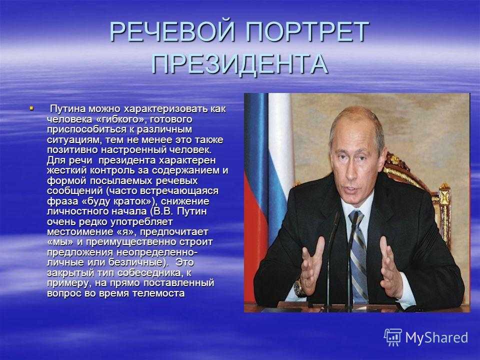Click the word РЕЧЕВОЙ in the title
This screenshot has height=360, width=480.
[172, 31]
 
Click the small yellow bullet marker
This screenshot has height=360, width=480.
[31, 108]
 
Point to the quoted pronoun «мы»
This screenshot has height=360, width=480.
[60, 242]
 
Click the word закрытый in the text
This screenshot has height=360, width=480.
[70, 273]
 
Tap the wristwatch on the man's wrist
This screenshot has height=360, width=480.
[297, 288]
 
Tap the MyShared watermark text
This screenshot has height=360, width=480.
[436, 338]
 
